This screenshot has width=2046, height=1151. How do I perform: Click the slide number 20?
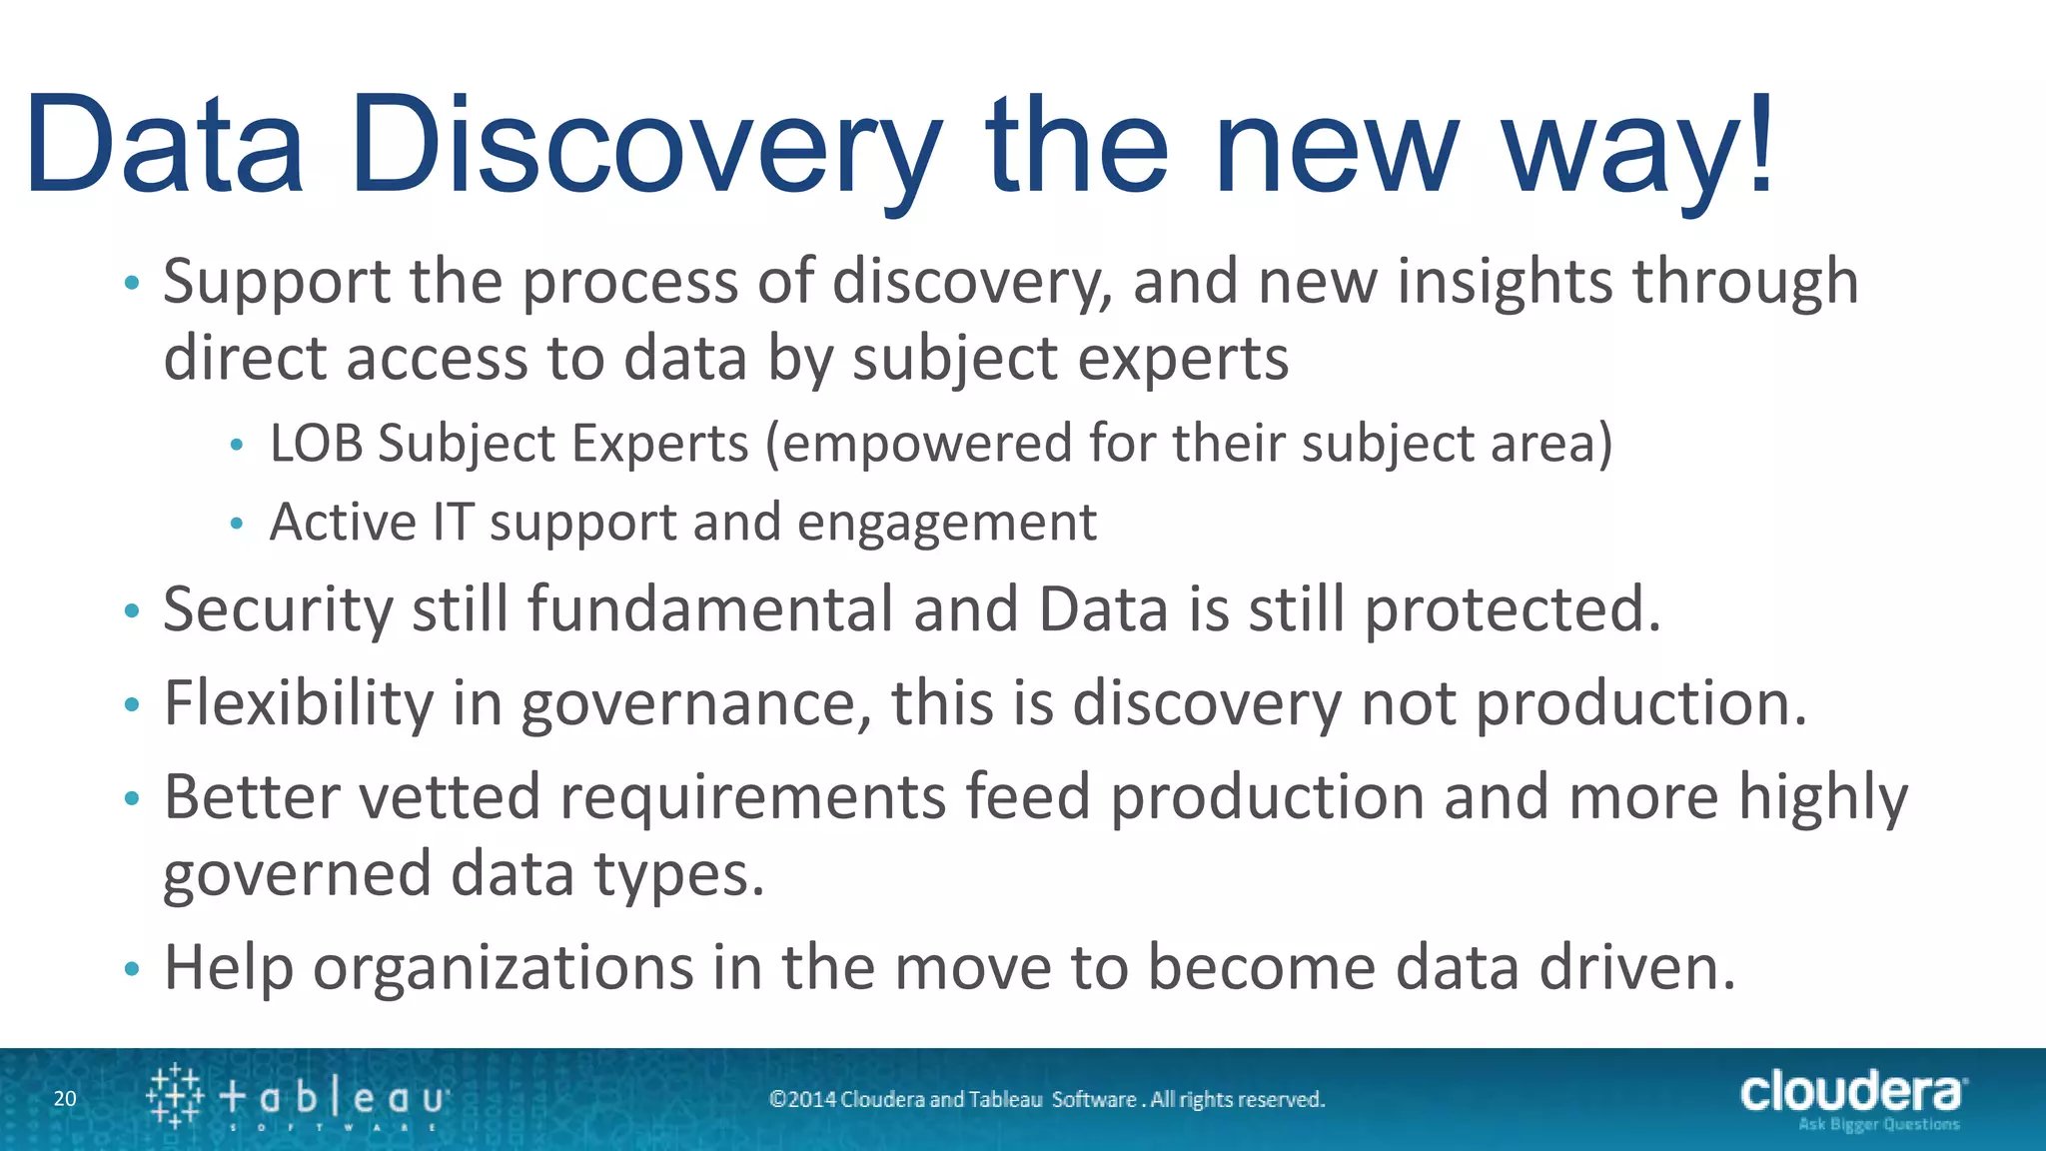(x=65, y=1099)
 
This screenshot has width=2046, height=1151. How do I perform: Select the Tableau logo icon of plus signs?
(x=175, y=1096)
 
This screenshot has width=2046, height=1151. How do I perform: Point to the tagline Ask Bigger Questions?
(x=1878, y=1125)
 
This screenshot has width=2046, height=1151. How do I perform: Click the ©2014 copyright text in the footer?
(x=1046, y=1100)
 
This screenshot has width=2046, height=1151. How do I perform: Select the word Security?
(x=278, y=609)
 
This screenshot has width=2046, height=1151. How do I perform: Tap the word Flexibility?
(x=298, y=703)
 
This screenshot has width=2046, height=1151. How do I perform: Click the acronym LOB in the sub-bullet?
(x=316, y=444)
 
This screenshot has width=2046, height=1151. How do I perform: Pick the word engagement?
(x=946, y=524)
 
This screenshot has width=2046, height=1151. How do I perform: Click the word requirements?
(x=752, y=797)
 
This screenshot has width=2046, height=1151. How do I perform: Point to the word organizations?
(x=503, y=968)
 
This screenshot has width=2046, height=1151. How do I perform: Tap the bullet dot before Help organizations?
(x=132, y=969)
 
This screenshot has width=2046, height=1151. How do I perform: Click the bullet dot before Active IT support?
(x=237, y=524)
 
